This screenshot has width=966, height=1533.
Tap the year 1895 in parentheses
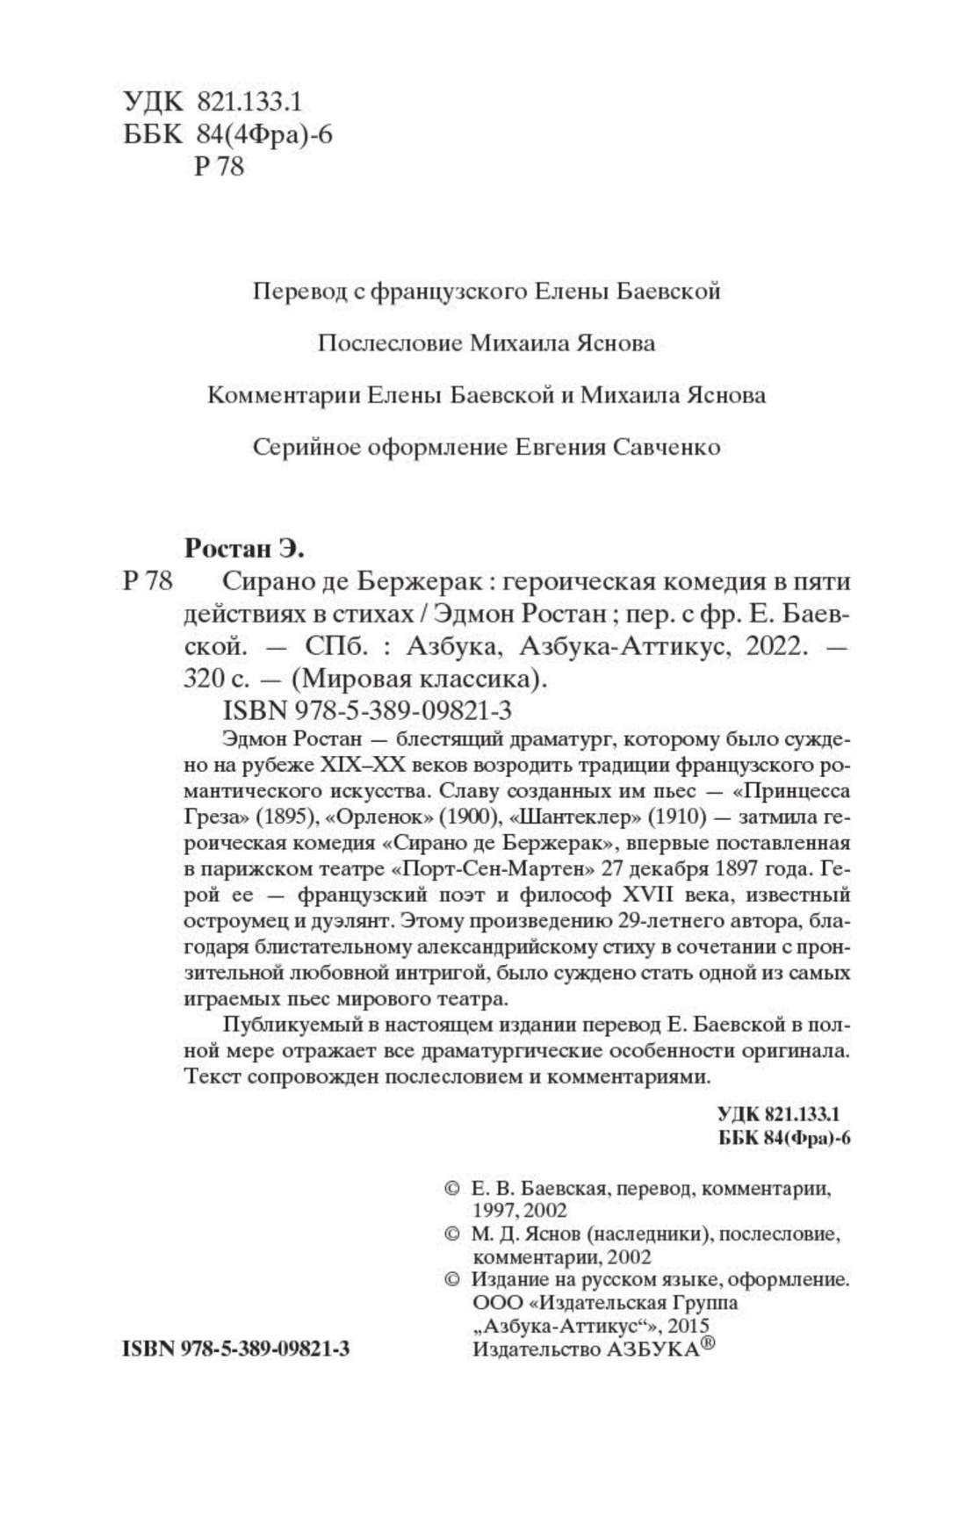tap(287, 817)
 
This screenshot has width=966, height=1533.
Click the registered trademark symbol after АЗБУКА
tap(708, 1345)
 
